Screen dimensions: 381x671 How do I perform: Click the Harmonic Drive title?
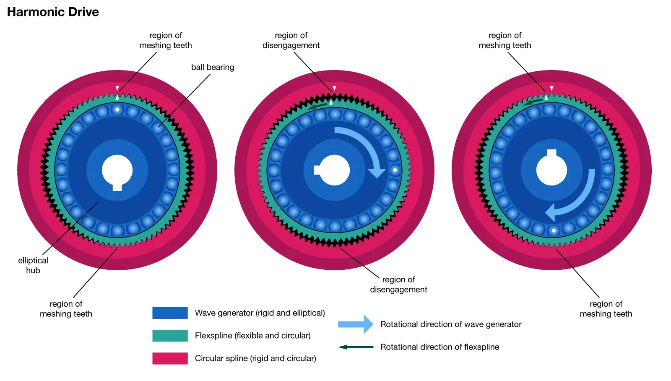tap(53, 12)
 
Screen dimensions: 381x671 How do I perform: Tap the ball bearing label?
tap(213, 67)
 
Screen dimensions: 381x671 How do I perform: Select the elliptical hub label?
tap(33, 265)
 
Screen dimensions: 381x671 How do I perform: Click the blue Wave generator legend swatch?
tap(170, 313)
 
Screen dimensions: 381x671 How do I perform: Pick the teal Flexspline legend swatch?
tap(170, 336)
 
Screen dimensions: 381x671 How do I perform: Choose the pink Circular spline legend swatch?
tap(170, 358)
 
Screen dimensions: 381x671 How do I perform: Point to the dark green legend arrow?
tap(356, 347)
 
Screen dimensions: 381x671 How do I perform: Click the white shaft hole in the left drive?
tap(117, 170)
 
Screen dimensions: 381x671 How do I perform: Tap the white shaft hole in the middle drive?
tap(334, 170)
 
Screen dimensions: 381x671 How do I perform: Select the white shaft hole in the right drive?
tap(551, 170)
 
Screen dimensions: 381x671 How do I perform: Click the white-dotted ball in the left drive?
tap(117, 110)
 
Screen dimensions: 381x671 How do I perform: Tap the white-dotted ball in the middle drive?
tap(395, 170)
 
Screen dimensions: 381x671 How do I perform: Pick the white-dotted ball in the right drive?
tap(554, 230)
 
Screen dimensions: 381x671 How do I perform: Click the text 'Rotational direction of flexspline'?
tap(440, 347)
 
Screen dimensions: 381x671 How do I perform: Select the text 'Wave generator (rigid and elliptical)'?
tap(260, 313)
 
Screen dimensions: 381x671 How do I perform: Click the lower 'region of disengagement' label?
tap(398, 284)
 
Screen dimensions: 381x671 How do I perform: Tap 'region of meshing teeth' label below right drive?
tap(606, 309)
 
